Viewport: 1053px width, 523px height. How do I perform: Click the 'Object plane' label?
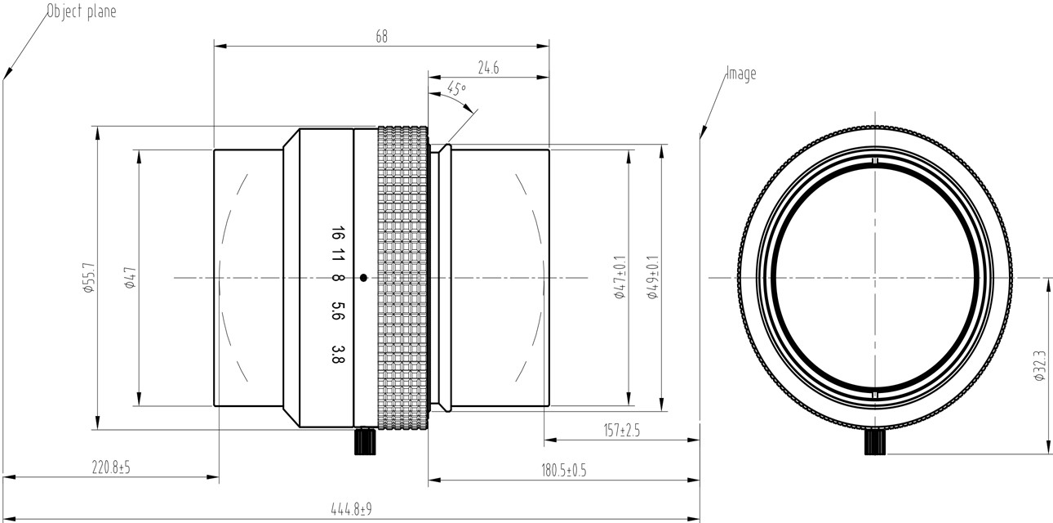81,11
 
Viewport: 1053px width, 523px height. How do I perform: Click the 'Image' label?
741,74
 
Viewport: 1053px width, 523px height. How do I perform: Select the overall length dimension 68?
381,37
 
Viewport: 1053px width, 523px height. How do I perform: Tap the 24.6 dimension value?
488,69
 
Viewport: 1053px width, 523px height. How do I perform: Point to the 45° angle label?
456,88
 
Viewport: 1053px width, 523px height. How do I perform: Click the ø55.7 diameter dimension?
89,278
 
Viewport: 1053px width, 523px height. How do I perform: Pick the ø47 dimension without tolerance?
129,278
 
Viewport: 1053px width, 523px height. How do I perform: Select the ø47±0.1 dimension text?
620,278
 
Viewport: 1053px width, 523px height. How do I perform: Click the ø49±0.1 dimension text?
652,278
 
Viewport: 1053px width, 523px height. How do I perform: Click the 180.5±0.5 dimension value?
564,471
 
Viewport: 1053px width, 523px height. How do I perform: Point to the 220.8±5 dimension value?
111,467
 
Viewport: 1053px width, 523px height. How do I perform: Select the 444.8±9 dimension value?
351,510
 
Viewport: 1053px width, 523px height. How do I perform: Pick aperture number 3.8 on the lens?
337,353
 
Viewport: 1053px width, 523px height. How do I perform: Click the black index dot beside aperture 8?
363,278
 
